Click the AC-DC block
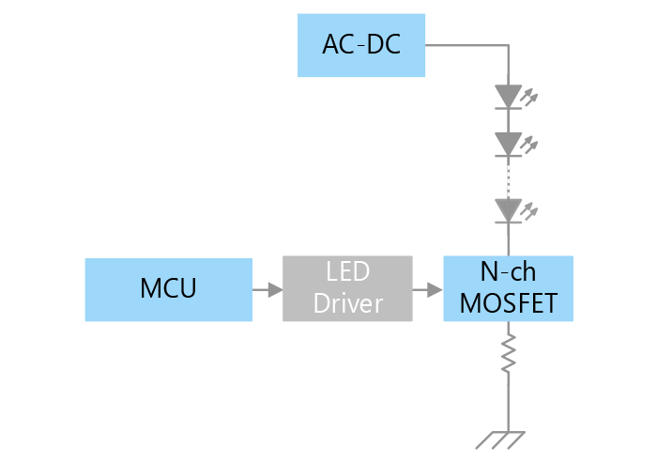(361, 45)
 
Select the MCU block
(169, 289)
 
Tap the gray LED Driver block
(347, 289)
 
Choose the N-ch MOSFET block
(507, 288)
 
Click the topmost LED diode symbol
(508, 97)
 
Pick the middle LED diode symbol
(508, 145)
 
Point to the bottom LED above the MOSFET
(508, 210)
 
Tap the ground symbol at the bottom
(498, 437)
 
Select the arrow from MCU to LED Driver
(267, 289)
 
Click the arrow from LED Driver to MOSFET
(427, 289)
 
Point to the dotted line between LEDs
(508, 177)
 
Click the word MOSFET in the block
(507, 303)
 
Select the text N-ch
(507, 272)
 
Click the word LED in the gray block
(347, 273)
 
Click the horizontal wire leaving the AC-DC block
(465, 45)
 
